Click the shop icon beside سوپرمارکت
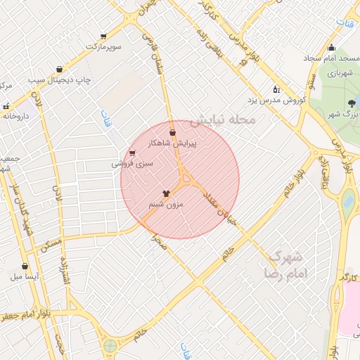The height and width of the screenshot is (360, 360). click(x=104, y=37)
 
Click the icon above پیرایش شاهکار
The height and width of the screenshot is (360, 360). click(x=173, y=131)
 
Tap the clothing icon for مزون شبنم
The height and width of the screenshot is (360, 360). click(x=166, y=191)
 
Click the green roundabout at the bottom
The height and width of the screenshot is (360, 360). click(x=110, y=345)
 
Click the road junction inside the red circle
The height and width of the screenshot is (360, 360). click(x=187, y=181)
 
